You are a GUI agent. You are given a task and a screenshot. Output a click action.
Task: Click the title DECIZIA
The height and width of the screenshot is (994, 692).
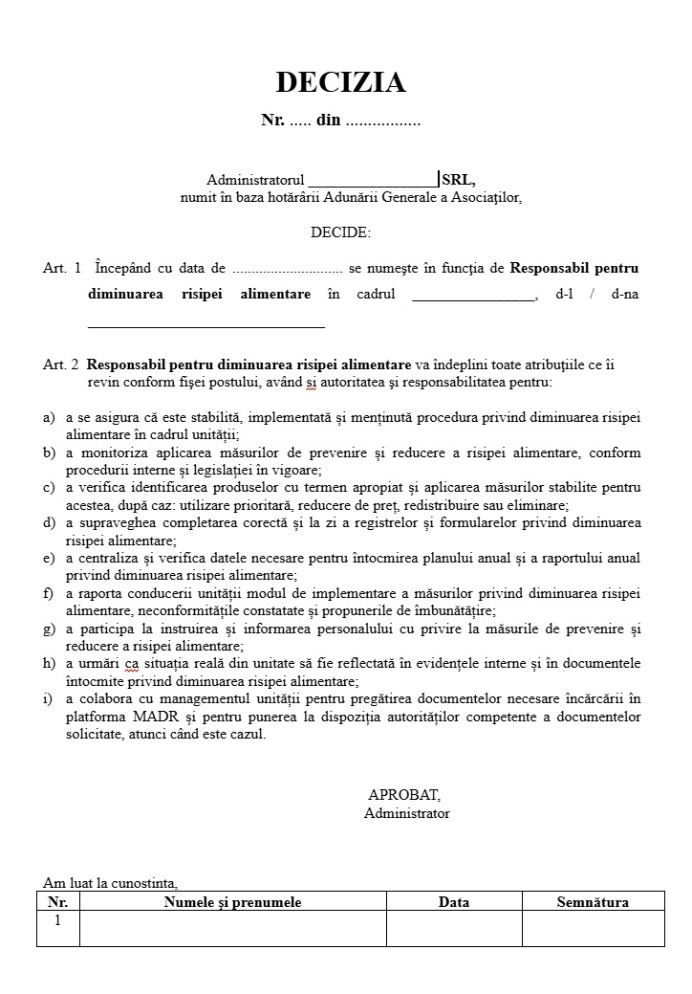point(340,83)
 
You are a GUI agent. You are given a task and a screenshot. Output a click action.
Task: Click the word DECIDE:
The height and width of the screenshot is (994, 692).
point(340,232)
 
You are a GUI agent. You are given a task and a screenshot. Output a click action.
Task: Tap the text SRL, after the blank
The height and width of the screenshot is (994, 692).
point(459,180)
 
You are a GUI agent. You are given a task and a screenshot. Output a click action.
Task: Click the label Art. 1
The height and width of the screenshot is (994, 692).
point(62,269)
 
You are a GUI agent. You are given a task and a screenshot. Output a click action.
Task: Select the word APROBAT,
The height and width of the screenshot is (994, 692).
point(404,795)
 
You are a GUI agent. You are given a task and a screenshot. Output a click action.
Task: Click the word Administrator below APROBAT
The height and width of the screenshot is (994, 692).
point(406,813)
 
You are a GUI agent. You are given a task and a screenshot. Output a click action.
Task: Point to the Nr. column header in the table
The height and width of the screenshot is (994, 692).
point(57,902)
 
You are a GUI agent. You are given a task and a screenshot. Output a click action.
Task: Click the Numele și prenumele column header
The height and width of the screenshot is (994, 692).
point(232,902)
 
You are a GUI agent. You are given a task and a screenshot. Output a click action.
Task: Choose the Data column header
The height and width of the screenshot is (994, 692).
point(454,902)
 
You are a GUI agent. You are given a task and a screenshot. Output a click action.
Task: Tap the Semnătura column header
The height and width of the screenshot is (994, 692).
point(593,902)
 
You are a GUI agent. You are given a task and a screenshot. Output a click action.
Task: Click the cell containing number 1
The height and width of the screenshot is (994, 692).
point(57,921)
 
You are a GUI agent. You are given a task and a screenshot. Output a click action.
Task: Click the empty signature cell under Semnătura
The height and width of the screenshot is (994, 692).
point(593,928)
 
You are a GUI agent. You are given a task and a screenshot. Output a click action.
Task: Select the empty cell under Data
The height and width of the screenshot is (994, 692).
point(454,928)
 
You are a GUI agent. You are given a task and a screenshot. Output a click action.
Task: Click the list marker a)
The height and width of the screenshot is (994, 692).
point(49,418)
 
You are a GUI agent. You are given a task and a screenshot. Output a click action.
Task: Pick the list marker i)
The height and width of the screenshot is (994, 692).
point(48,698)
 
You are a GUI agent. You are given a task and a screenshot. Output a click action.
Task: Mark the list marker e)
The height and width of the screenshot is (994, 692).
point(49,558)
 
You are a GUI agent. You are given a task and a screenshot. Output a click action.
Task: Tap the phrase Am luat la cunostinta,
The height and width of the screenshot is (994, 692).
point(110,883)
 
